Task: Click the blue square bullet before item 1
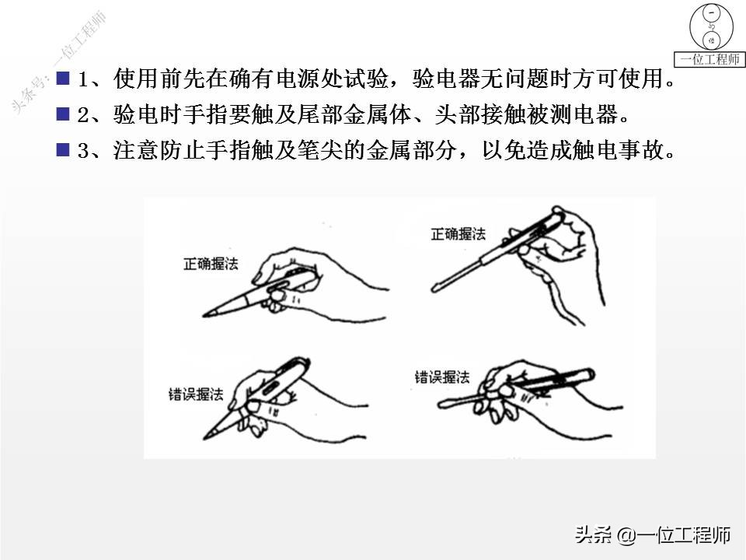tap(63, 78)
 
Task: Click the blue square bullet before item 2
tap(63, 114)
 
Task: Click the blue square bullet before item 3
tap(63, 150)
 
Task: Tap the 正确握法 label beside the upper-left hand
tap(211, 264)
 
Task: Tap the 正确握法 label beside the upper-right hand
tap(458, 234)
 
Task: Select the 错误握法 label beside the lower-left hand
tap(196, 394)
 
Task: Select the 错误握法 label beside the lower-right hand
tap(442, 377)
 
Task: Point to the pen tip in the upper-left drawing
tap(204, 315)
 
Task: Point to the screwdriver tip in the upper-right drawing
tap(434, 289)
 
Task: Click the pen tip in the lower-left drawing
tap(205, 436)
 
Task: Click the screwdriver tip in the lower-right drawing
tap(440, 405)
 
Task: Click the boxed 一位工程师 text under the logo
tap(709, 59)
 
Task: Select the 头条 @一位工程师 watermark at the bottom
tap(652, 535)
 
